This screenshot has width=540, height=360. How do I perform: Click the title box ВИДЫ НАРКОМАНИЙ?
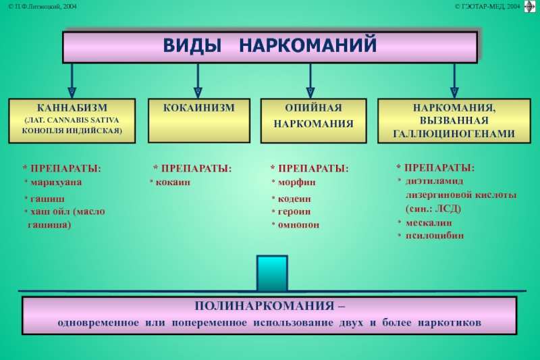click(x=270, y=47)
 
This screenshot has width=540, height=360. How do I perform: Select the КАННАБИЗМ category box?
click(x=72, y=120)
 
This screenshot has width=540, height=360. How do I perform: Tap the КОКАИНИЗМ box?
click(x=198, y=121)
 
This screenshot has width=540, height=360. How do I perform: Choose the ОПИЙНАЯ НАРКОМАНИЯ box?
click(x=313, y=121)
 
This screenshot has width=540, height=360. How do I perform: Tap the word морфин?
click(x=296, y=182)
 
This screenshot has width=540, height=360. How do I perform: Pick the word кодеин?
click(x=296, y=199)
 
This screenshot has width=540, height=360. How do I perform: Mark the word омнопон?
click(x=298, y=224)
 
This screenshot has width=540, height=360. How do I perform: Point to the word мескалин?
click(x=429, y=222)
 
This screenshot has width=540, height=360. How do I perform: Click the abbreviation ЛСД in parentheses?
click(x=443, y=208)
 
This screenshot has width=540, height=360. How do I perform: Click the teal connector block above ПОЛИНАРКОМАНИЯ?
click(x=272, y=274)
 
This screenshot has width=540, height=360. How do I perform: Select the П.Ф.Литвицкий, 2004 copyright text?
click(x=43, y=6)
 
